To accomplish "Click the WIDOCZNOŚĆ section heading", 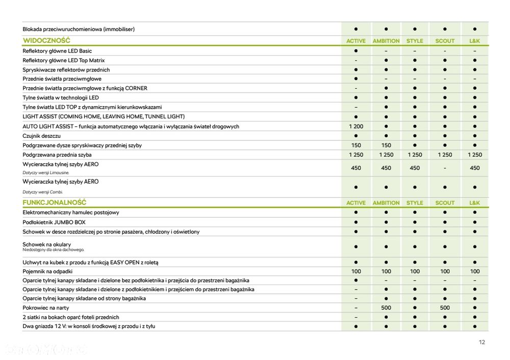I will point(46,40).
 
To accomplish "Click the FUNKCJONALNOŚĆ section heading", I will point(54,202).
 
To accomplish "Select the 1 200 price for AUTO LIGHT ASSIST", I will point(356,126).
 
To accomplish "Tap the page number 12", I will point(482,342).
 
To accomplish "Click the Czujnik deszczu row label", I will point(42,136).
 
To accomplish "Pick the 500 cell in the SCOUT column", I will point(445,308).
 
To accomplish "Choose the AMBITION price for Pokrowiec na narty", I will point(386,308).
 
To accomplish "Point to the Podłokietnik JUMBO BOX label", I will point(54,222).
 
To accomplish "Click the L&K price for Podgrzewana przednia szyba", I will point(474,155).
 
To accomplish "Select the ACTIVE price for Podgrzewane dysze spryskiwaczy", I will point(356,145).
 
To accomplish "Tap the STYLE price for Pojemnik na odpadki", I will point(415,271).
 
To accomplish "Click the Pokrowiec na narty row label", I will point(46,308).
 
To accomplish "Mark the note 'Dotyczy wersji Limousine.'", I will point(46,173).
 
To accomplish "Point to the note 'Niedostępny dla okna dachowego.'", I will point(53,250).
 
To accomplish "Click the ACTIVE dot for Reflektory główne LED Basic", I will point(356,51).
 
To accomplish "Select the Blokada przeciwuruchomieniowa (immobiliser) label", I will point(79,29).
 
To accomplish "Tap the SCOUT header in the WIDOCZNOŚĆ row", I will point(445,41).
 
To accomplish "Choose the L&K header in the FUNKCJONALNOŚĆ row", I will point(474,203).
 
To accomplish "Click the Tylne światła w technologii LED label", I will point(61,97).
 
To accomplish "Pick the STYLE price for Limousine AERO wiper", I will point(415,168).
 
